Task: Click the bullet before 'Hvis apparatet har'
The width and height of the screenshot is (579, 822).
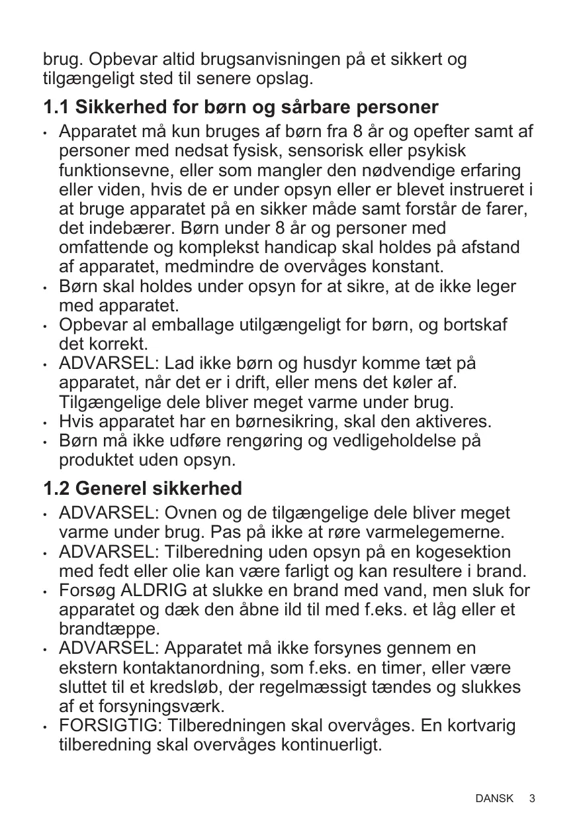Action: (46, 422)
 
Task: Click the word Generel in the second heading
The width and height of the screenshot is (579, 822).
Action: (112, 489)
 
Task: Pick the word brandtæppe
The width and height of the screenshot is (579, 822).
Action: (109, 629)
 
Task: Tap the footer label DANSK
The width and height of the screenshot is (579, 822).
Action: (494, 799)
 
